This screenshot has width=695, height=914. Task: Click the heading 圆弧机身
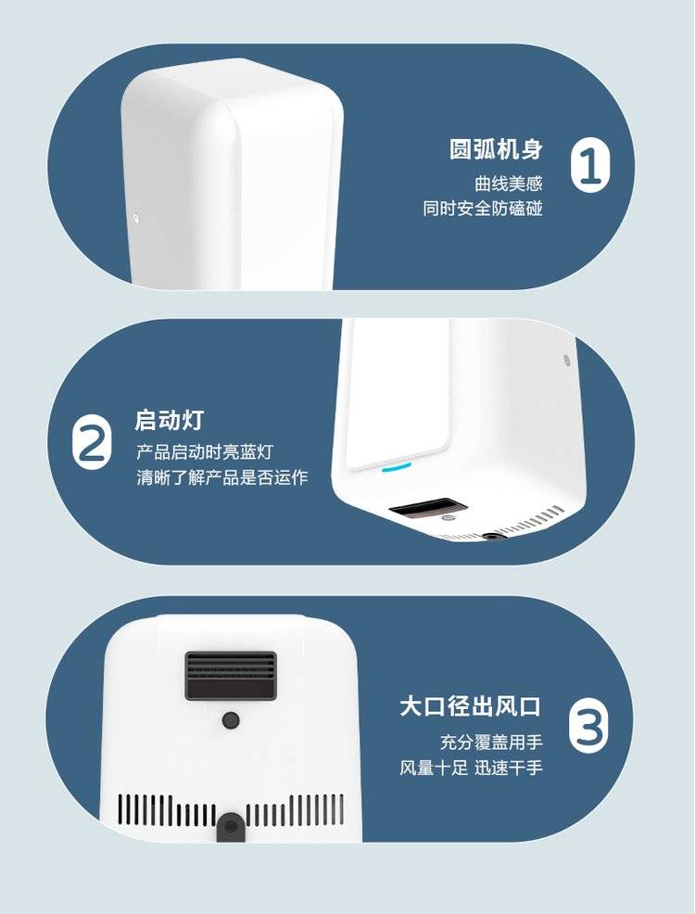tap(496, 149)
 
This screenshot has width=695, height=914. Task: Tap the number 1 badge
tap(590, 168)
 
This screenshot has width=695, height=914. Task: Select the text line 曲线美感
tap(509, 184)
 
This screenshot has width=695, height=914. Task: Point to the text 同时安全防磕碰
tap(483, 209)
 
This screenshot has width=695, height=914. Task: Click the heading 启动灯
tap(169, 420)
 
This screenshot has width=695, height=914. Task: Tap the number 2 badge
tap(92, 440)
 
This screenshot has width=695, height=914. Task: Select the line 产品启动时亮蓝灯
tap(205, 451)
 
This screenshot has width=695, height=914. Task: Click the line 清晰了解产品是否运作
tap(222, 477)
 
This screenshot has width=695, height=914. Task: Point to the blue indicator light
tap(396, 467)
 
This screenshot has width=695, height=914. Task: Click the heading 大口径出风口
tap(470, 706)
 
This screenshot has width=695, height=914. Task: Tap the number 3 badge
tap(588, 727)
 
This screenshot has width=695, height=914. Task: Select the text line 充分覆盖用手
tap(491, 742)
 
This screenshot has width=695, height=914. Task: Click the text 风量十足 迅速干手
tap(471, 768)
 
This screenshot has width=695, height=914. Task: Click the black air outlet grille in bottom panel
tap(231, 676)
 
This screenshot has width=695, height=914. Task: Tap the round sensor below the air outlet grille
tap(232, 721)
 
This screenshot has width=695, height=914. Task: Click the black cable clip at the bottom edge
tap(231, 828)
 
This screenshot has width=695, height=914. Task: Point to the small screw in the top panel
tap(135, 219)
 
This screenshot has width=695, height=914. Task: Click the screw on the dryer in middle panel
tap(566, 359)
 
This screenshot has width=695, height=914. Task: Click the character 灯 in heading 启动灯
tap(192, 420)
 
